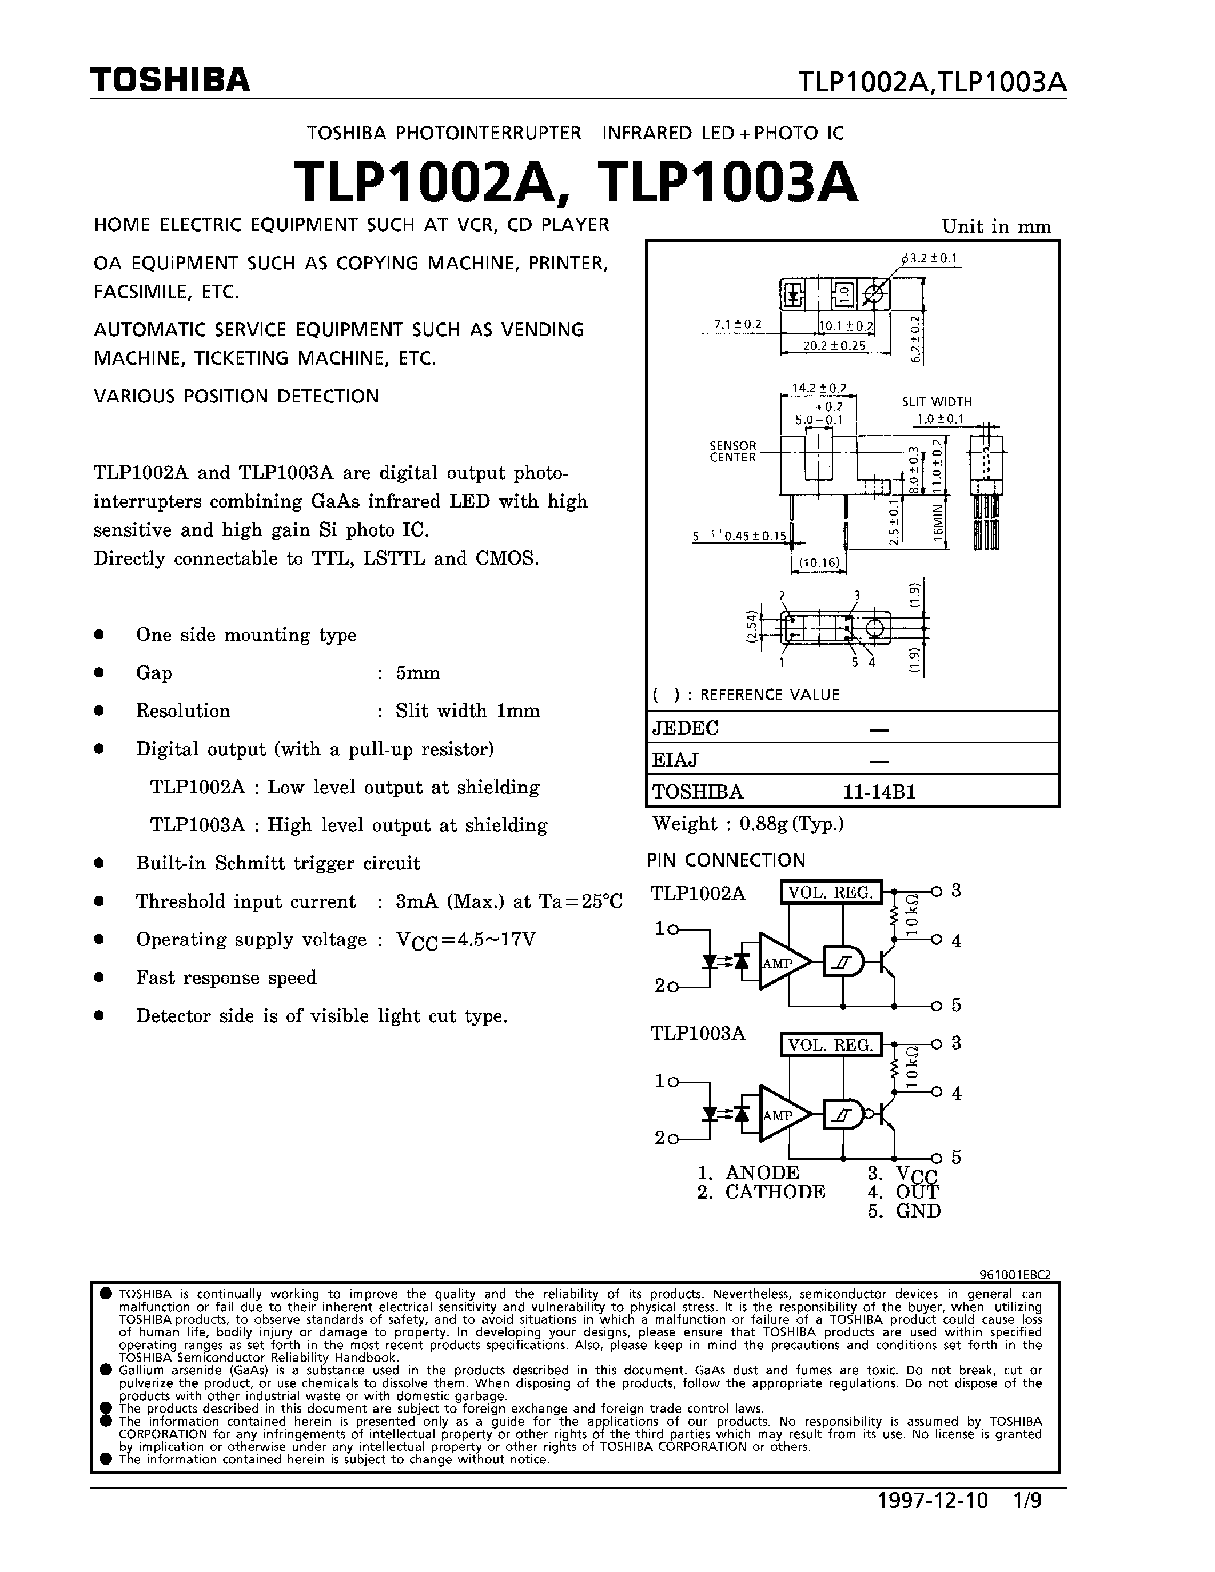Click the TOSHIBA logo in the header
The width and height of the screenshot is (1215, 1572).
point(170,79)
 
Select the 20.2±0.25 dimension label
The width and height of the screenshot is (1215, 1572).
point(835,345)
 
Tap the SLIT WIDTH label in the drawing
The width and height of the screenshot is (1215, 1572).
point(937,402)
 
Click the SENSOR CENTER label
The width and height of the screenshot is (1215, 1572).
point(733,451)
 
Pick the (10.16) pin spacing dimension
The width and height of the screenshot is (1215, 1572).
point(819,562)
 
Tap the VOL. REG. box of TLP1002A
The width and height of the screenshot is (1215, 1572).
point(831,892)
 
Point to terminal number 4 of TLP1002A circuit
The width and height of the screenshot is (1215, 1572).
point(956,941)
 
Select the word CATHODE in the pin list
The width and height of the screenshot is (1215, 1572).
point(775,1192)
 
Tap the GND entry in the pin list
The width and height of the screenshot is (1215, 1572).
point(918,1211)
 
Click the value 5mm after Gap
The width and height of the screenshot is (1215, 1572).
point(417,673)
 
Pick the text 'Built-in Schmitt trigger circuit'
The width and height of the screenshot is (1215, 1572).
point(278,863)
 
